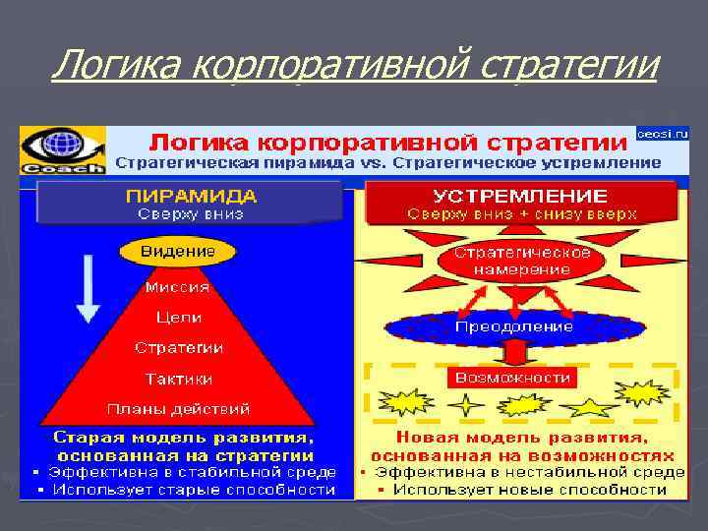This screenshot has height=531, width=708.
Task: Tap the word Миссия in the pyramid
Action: click(178, 287)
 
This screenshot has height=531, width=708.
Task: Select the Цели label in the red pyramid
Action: click(179, 318)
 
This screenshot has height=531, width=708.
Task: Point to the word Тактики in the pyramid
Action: click(179, 379)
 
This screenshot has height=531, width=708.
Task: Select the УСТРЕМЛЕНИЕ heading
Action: click(521, 196)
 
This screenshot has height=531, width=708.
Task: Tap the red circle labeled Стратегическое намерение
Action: click(521, 260)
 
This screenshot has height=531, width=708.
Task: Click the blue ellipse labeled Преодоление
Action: click(514, 325)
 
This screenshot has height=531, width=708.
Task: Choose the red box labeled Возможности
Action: click(512, 378)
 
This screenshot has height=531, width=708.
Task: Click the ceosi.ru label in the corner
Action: click(663, 132)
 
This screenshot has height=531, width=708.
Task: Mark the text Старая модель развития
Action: click(185, 437)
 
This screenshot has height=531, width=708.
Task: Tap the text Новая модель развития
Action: click(522, 438)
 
